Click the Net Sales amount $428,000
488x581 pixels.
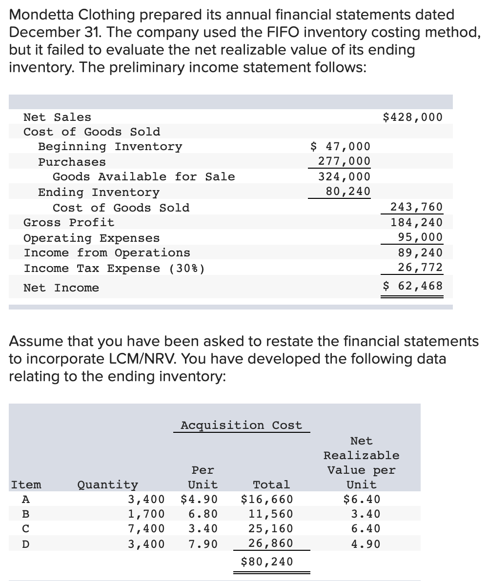(413, 117)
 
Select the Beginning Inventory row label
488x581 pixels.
(110, 146)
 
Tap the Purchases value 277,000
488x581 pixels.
(344, 161)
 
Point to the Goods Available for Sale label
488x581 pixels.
(143, 176)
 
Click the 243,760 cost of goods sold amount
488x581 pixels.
(417, 207)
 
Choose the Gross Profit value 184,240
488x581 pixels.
(417, 222)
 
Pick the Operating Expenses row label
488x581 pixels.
(92, 238)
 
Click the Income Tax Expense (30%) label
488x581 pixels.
(114, 268)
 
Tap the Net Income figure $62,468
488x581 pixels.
(413, 286)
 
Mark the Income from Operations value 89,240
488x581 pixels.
(420, 252)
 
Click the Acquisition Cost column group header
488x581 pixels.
(241, 425)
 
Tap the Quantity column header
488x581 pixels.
(107, 484)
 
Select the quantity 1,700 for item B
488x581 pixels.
(146, 514)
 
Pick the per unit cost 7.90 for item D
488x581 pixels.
(203, 543)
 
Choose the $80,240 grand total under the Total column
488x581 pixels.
(267, 562)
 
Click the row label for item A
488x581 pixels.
(26, 499)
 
